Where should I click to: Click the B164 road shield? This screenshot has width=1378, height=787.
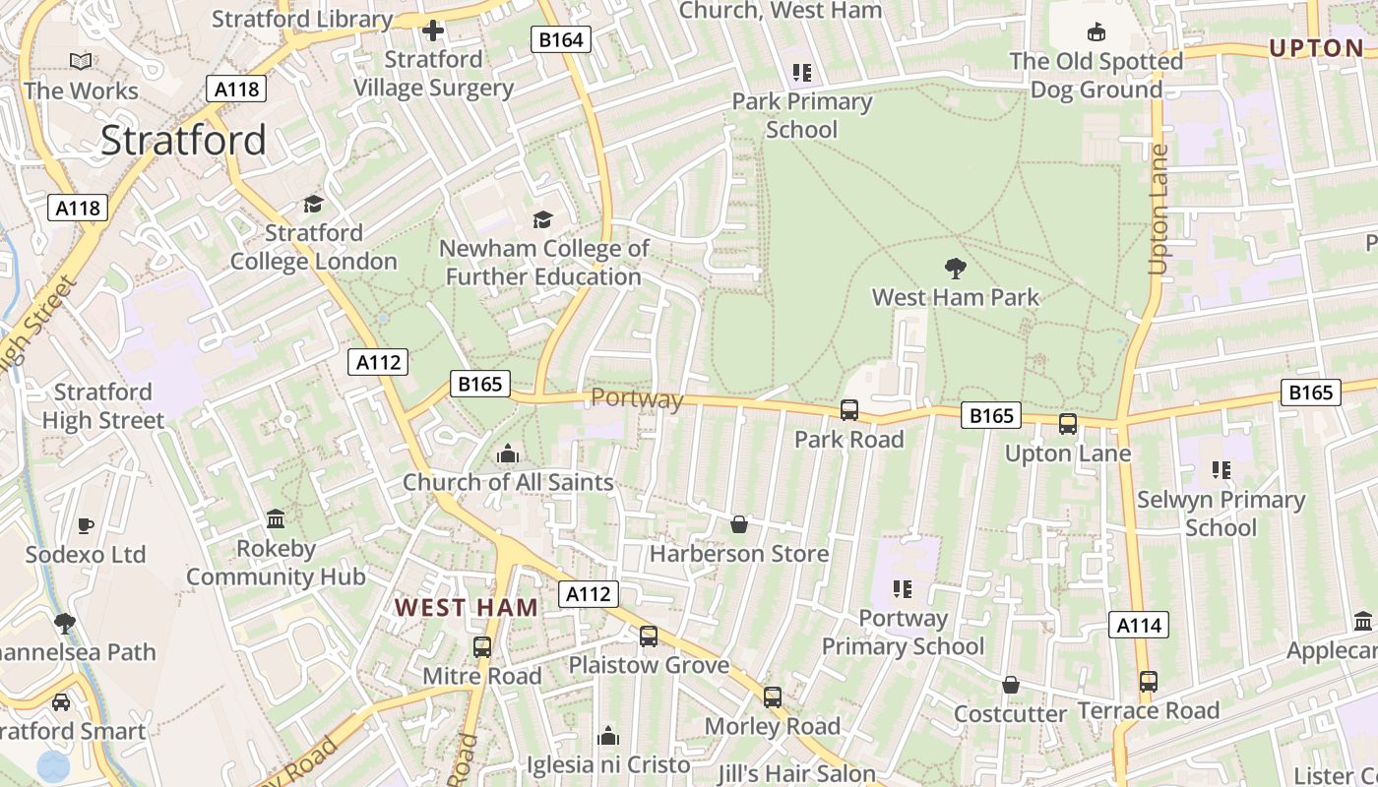[562, 39]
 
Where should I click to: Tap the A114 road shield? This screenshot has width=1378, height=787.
[1140, 625]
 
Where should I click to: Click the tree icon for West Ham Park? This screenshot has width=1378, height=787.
[955, 268]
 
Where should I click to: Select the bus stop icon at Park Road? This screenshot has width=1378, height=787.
[849, 410]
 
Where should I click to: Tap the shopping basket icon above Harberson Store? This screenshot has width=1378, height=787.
[739, 525]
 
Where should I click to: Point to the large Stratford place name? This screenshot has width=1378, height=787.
[183, 141]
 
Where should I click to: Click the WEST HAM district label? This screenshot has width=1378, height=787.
[467, 607]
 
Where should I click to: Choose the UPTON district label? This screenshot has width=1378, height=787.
[1316, 48]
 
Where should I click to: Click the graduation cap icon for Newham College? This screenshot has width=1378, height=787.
[542, 218]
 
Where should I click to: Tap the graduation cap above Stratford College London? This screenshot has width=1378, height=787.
[313, 204]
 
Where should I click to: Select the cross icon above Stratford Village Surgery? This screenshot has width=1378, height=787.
[433, 30]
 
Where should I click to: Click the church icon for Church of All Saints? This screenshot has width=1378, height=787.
[508, 454]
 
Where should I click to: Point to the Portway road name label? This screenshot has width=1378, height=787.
[637, 398]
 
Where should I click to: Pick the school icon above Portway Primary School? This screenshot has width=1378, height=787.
[903, 589]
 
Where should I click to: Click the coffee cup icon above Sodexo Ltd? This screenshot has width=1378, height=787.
[86, 525]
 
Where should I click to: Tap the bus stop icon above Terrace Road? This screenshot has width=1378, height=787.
[1148, 681]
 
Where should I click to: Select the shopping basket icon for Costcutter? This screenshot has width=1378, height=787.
[1011, 685]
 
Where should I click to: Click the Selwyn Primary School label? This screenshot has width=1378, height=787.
[1221, 514]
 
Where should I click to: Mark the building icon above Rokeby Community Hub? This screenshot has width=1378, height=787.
[276, 518]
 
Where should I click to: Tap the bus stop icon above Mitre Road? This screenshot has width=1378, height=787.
[482, 647]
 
